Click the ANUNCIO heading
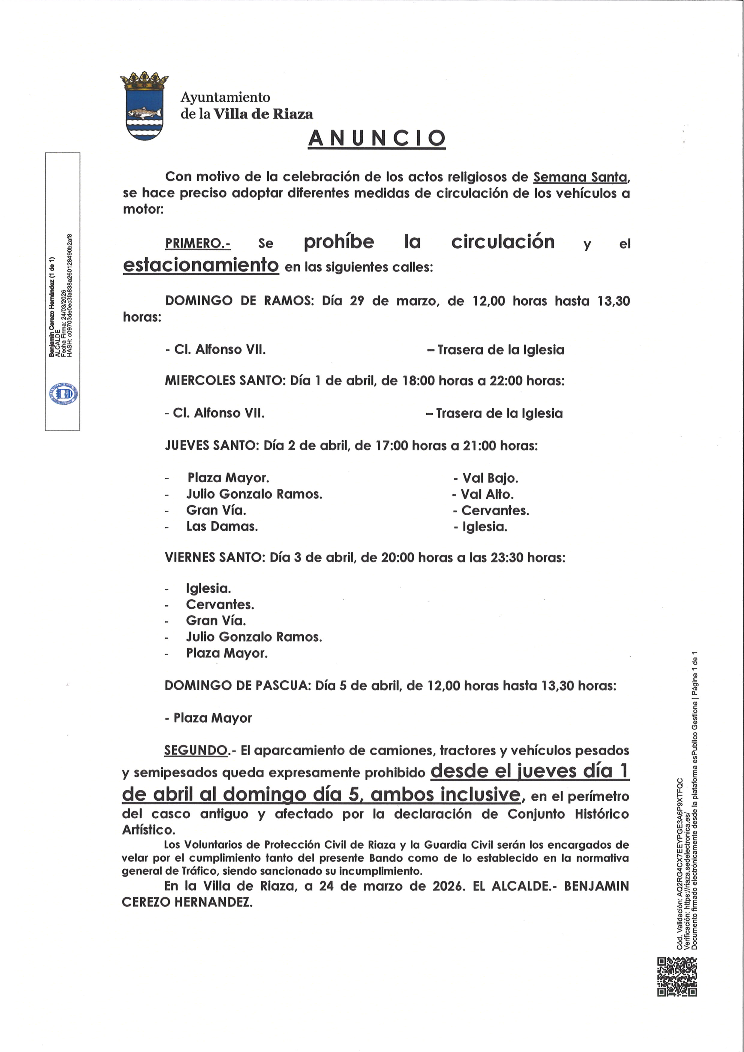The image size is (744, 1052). (x=376, y=138)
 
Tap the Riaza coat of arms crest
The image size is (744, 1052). (x=144, y=106)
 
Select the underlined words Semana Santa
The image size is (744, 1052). (x=580, y=177)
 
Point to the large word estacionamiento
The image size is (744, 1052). (x=201, y=265)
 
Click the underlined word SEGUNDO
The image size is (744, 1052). (x=196, y=750)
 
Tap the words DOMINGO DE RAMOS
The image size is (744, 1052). (x=239, y=301)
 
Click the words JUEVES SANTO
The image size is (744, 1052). (x=212, y=445)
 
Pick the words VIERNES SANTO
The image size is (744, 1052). (x=214, y=558)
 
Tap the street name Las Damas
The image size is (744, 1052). (x=222, y=526)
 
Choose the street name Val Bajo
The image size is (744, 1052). (x=490, y=478)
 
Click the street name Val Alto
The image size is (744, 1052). (x=487, y=494)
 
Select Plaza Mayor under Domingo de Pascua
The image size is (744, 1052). (x=212, y=718)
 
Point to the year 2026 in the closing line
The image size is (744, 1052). (x=446, y=886)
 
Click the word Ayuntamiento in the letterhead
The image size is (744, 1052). (x=225, y=97)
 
